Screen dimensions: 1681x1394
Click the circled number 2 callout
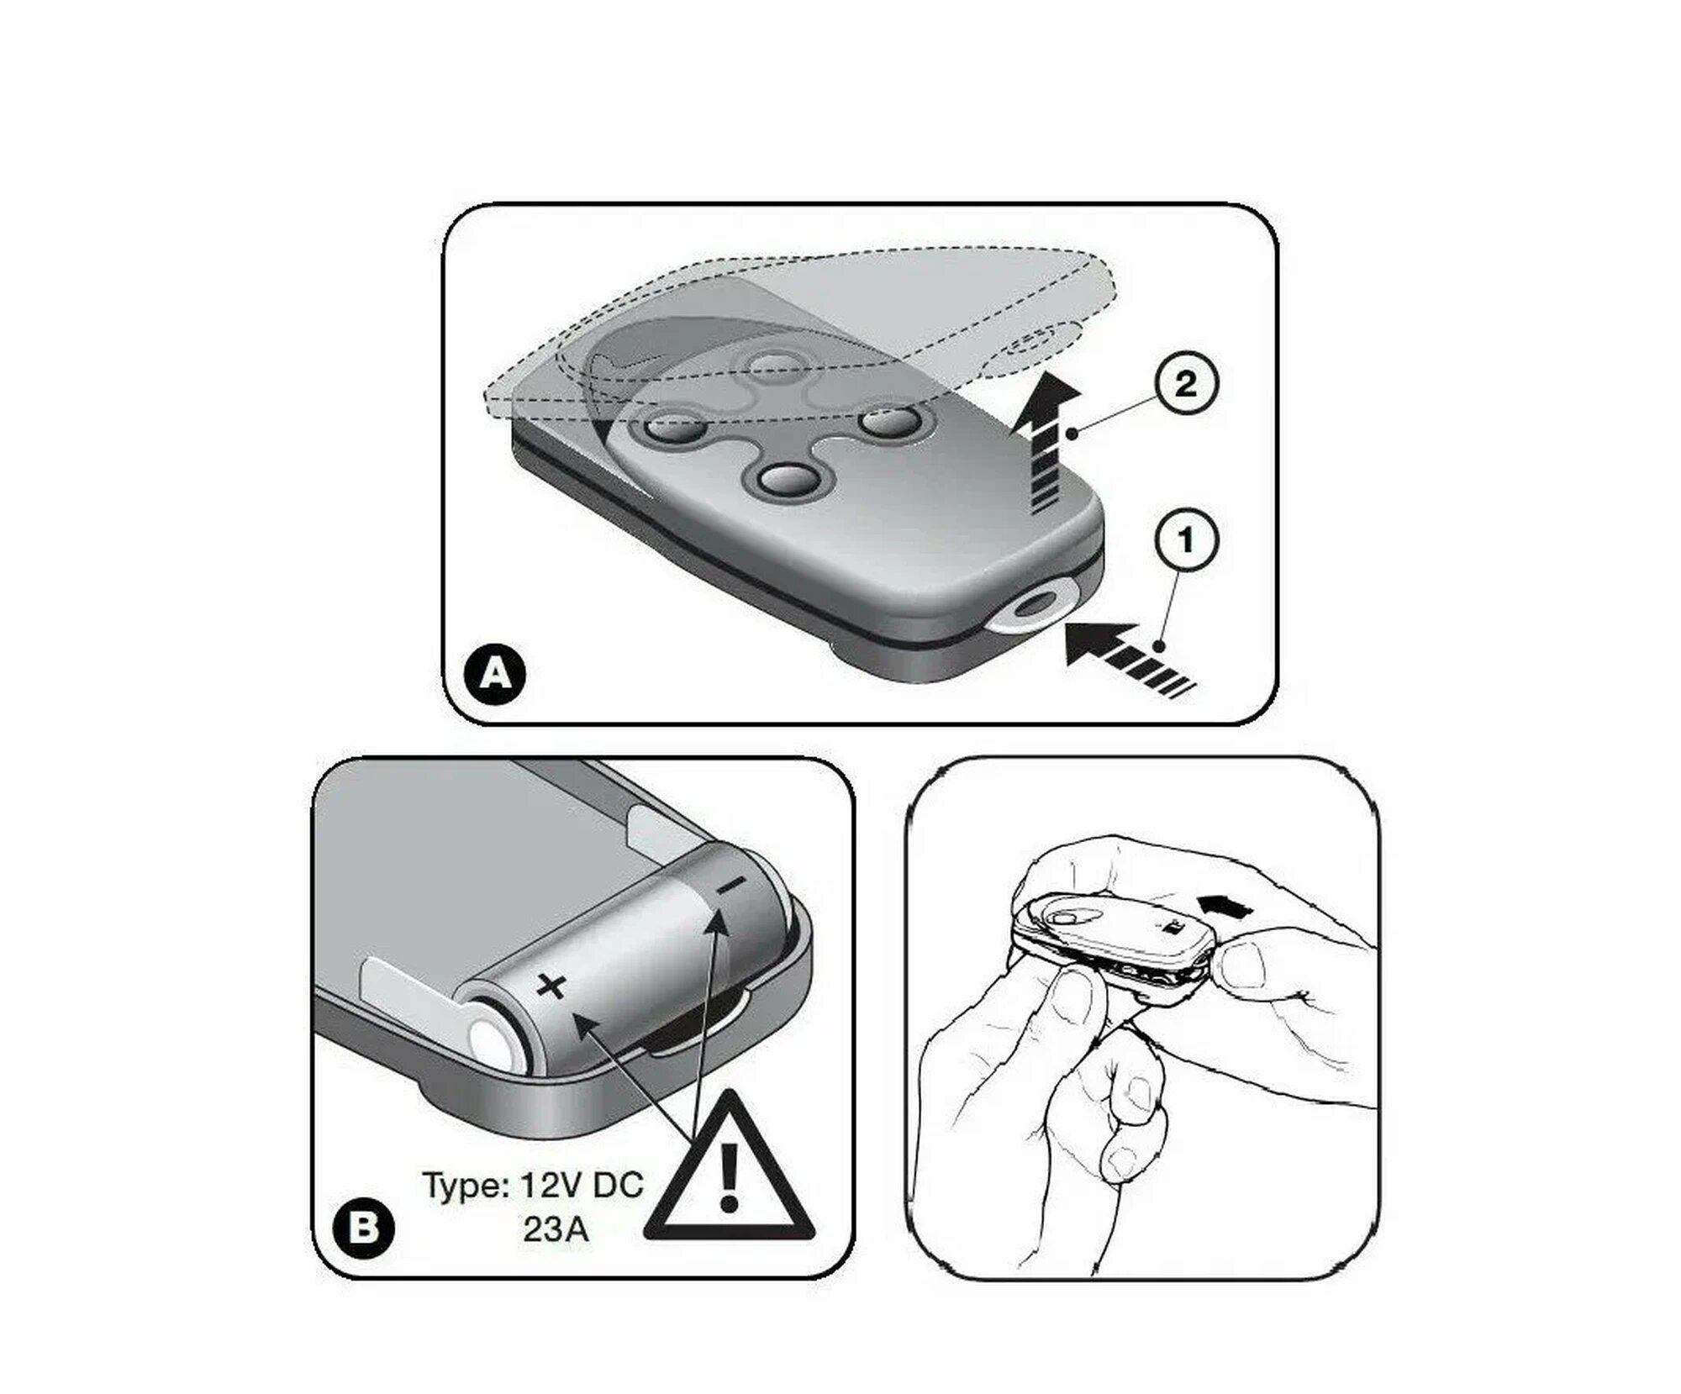[1185, 384]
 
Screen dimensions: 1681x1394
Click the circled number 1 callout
[1186, 539]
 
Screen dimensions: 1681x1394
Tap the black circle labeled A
[497, 673]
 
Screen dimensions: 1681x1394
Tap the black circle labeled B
[363, 1228]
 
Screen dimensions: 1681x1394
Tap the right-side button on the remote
[890, 421]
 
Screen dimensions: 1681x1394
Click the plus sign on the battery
[552, 986]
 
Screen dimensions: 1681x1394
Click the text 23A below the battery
[556, 1229]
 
